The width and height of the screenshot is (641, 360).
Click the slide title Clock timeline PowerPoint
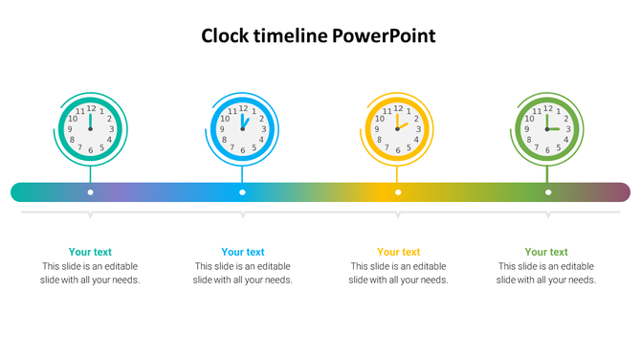pos(319,36)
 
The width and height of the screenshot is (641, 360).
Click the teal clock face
pos(90,128)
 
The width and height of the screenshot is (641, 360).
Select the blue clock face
pos(242,128)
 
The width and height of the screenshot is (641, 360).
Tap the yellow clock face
pos(398,128)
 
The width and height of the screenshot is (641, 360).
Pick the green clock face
pos(547,128)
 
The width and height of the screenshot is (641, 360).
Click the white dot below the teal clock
pos(90,192)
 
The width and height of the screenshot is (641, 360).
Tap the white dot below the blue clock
pos(242,192)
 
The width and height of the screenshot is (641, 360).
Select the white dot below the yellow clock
pos(398,192)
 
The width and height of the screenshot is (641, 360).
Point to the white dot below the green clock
pos(548,192)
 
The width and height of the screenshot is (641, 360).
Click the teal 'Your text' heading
pos(90,253)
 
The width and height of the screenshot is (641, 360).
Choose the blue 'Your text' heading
pos(243,253)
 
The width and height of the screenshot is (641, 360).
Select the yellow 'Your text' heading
pos(398,253)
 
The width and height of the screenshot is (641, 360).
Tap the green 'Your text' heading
pos(546,253)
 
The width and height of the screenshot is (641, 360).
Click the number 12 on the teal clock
pos(91,108)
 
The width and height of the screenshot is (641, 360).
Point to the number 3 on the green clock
pos(568,129)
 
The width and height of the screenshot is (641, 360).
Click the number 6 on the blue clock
pos(242,150)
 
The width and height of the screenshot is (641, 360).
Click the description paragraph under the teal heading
pos(90,273)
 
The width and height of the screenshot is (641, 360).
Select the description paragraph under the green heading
pos(546,273)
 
